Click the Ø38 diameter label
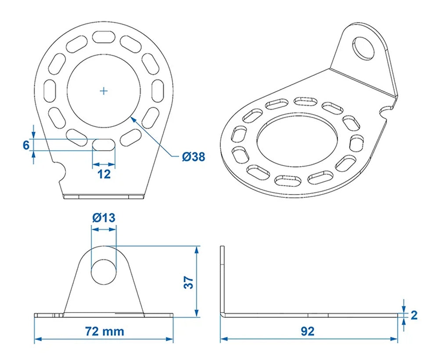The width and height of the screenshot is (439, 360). (x=194, y=156)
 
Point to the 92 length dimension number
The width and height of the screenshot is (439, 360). (x=308, y=331)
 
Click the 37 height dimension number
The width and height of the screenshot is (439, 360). (x=188, y=282)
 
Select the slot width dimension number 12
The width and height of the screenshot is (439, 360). (x=104, y=174)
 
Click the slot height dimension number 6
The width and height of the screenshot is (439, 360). (x=26, y=145)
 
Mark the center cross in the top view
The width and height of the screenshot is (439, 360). (x=104, y=91)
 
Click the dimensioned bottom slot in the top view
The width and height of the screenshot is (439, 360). (x=104, y=145)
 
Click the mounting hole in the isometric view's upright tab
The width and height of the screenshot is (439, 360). (x=364, y=47)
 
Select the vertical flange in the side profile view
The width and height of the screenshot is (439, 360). (x=222, y=281)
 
